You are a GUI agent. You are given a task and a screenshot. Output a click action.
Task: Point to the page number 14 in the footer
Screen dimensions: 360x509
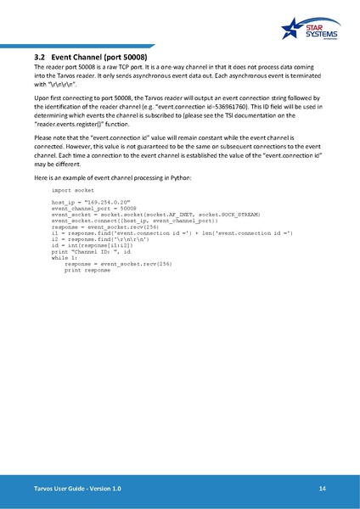pos(323,489)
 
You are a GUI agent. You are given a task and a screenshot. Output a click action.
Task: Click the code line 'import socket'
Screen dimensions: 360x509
pos(73,192)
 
